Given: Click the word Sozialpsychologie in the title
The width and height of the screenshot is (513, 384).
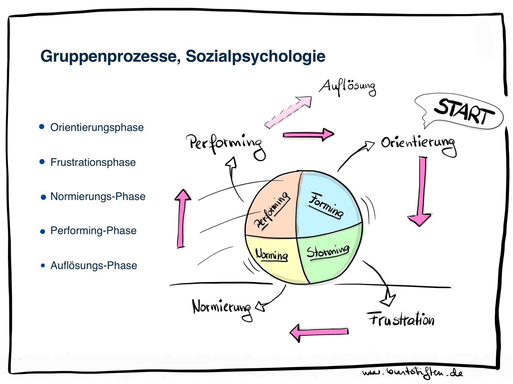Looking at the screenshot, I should (255, 57).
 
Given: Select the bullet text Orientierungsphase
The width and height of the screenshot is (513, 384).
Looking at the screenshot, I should (97, 127).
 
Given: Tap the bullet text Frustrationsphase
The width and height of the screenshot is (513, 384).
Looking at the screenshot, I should (93, 162).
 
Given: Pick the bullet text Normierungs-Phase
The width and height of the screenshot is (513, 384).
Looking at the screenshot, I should (98, 197).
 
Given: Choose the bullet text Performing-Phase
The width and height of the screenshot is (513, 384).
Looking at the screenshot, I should (93, 231).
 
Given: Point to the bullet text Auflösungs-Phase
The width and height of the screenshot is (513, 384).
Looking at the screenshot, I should (94, 266).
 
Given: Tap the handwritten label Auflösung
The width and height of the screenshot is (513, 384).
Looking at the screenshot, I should (347, 87).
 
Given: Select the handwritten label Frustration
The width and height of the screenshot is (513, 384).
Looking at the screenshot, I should (401, 319).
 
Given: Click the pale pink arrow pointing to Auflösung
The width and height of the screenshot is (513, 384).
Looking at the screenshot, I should (289, 112).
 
